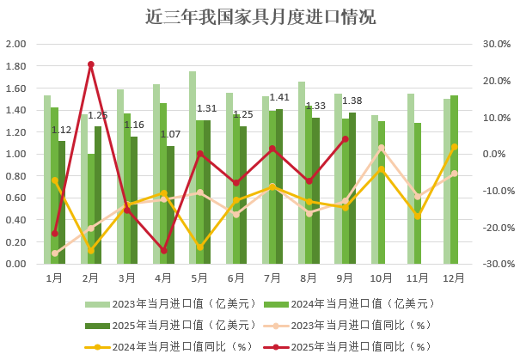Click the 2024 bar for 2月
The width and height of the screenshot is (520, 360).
coord(91,209)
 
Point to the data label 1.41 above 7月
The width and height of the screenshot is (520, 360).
coord(279,98)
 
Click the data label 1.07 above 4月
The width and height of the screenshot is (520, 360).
coord(170,135)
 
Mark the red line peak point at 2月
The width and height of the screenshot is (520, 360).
coord(91,64)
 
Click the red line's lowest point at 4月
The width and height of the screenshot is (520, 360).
coord(163,251)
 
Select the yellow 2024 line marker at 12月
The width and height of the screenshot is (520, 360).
coord(454,147)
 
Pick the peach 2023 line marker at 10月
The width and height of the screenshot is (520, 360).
coord(382,148)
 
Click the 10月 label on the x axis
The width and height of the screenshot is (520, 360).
coord(382,278)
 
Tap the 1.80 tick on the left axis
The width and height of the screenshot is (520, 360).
coord(16,66)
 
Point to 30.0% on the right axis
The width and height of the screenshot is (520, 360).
coord(496,44)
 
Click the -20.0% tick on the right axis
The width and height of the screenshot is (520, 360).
coord(496,228)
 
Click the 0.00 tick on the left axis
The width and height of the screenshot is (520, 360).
coord(16,264)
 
